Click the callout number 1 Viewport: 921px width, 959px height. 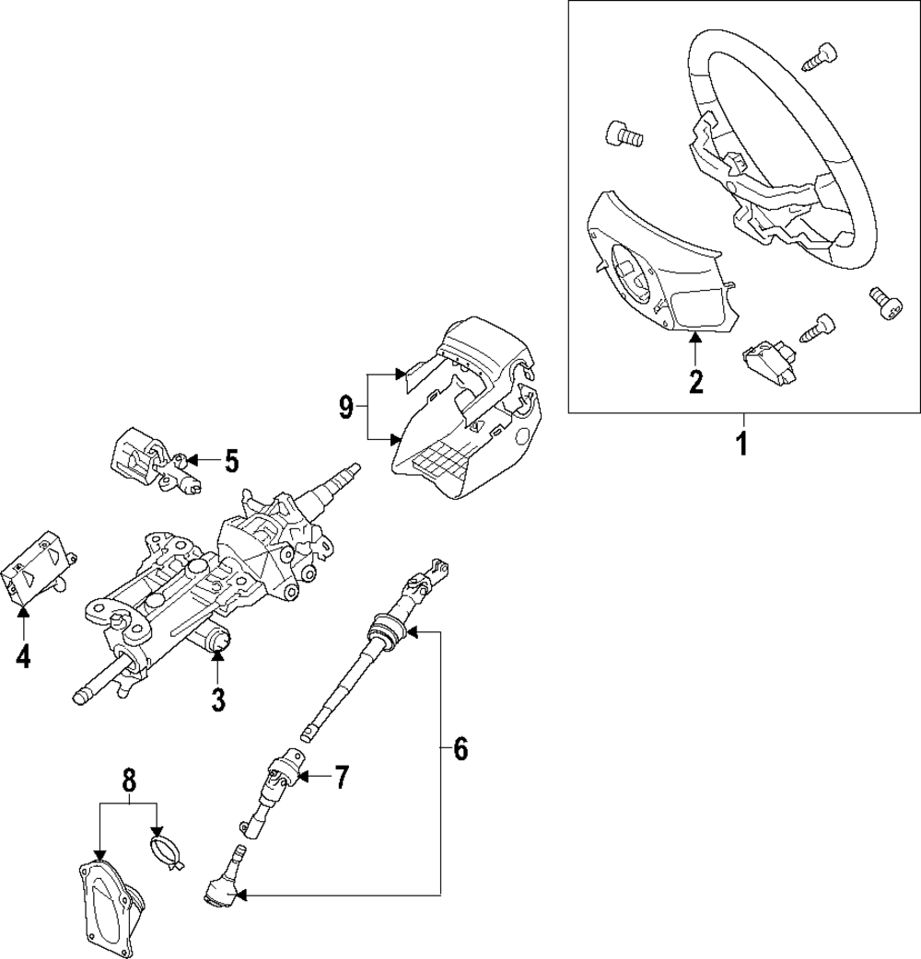(741, 445)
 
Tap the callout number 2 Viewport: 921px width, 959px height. (695, 380)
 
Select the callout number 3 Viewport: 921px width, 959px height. (218, 699)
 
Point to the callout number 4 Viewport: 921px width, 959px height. (23, 656)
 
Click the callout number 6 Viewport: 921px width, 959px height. (460, 750)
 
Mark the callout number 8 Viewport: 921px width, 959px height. (129, 780)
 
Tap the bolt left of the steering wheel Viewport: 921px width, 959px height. (623, 135)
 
